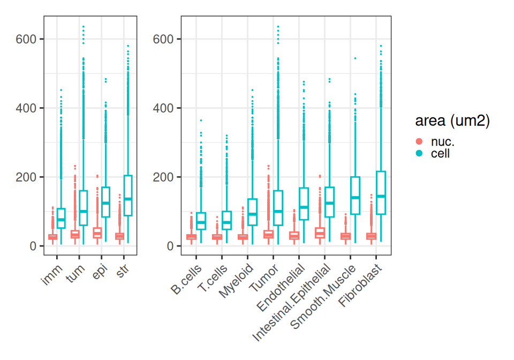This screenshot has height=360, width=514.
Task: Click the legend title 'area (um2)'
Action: point(452,122)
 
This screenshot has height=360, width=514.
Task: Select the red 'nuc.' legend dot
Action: point(419,142)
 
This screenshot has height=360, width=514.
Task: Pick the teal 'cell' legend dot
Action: point(419,154)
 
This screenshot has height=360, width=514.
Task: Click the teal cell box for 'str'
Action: point(128,196)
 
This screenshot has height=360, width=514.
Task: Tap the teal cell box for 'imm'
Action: point(61,218)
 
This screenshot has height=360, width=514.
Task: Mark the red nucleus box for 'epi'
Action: point(97,232)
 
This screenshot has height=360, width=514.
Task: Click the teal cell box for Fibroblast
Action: point(381,193)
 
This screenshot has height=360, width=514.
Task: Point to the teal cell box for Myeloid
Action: point(252,212)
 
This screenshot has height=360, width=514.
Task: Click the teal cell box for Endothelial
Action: point(304,204)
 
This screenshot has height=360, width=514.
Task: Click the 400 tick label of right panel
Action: point(164,108)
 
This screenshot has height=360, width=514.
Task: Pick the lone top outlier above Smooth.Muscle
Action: point(355,58)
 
